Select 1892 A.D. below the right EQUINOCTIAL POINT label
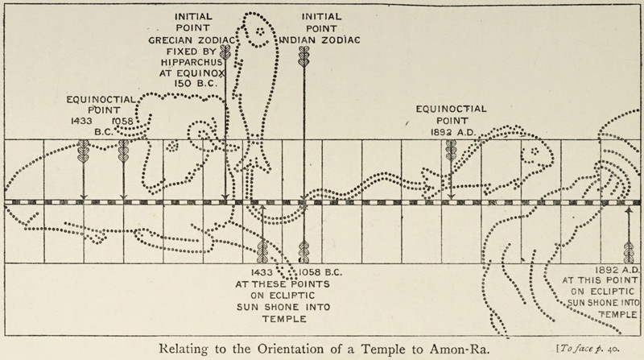click(448, 132)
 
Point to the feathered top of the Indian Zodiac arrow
click(303, 60)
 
